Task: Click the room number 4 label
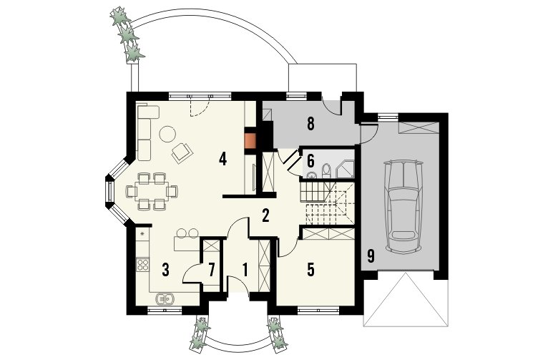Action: pyautogui.click(x=222, y=159)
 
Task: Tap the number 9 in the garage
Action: pyautogui.click(x=371, y=256)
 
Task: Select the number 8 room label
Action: pyautogui.click(x=310, y=124)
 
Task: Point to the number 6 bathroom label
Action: pyautogui.click(x=310, y=160)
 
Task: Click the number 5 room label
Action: pyautogui.click(x=310, y=270)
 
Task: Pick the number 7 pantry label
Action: pyautogui.click(x=211, y=270)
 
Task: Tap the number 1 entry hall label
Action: pyautogui.click(x=245, y=270)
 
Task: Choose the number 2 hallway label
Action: pyautogui.click(x=265, y=215)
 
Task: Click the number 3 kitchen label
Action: pyautogui.click(x=165, y=270)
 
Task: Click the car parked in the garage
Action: pyautogui.click(x=403, y=207)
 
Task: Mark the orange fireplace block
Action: pyautogui.click(x=250, y=141)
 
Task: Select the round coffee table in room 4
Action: pyautogui.click(x=167, y=135)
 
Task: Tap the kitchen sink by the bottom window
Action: pyautogui.click(x=165, y=298)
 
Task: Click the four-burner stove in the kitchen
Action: pyautogui.click(x=143, y=264)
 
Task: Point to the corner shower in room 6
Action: pyautogui.click(x=346, y=169)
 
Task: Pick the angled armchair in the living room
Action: pyautogui.click(x=182, y=152)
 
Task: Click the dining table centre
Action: pyautogui.click(x=152, y=191)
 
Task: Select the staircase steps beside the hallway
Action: pyautogui.click(x=327, y=203)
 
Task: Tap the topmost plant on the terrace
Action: pyautogui.click(x=120, y=16)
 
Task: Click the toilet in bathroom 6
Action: pyautogui.click(x=326, y=170)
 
